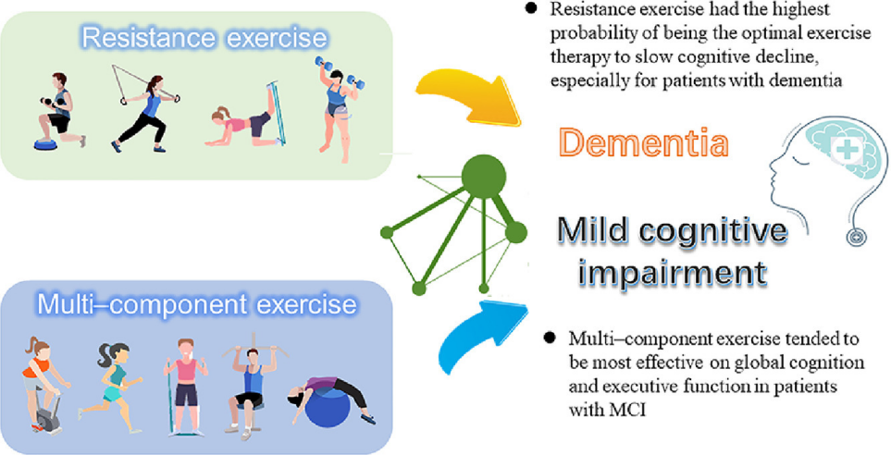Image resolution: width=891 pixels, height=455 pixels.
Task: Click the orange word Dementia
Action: tap(643, 142)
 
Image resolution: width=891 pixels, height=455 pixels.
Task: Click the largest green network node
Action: tap(484, 177)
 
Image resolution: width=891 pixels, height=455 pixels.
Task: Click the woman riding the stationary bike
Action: tap(44, 385)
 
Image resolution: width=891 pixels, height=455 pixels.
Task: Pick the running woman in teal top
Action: tap(113, 387)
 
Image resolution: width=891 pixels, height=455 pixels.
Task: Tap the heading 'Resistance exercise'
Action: tap(204, 38)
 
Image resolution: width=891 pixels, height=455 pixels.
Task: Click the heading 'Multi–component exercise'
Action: tap(196, 304)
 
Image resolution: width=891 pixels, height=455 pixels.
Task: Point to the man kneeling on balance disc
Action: tap(59, 112)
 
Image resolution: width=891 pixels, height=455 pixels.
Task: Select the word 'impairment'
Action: tap(673, 272)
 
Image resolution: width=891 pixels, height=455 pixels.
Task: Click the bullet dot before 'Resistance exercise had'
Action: tap(531, 9)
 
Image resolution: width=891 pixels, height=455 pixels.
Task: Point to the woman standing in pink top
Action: tap(186, 387)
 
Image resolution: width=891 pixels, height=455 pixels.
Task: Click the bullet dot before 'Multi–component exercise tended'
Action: tap(549, 338)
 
